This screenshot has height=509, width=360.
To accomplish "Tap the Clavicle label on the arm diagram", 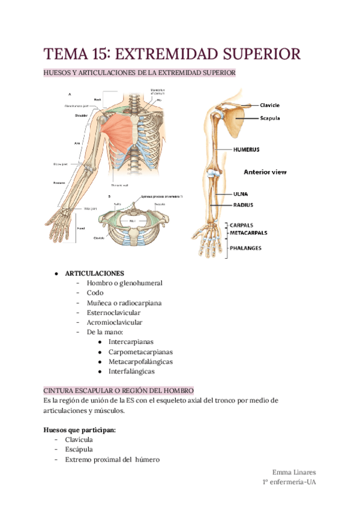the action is coord(269,106).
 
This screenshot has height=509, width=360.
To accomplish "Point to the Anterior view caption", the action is coord(265,172).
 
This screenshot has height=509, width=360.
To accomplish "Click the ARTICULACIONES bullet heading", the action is coord(95,273).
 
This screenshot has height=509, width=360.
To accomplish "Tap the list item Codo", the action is coord(95,292).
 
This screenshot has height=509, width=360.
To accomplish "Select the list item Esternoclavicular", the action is coord(113,312).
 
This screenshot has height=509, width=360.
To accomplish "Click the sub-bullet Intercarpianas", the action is coord(131,342).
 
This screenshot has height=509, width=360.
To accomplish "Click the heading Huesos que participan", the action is coord(80,430).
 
